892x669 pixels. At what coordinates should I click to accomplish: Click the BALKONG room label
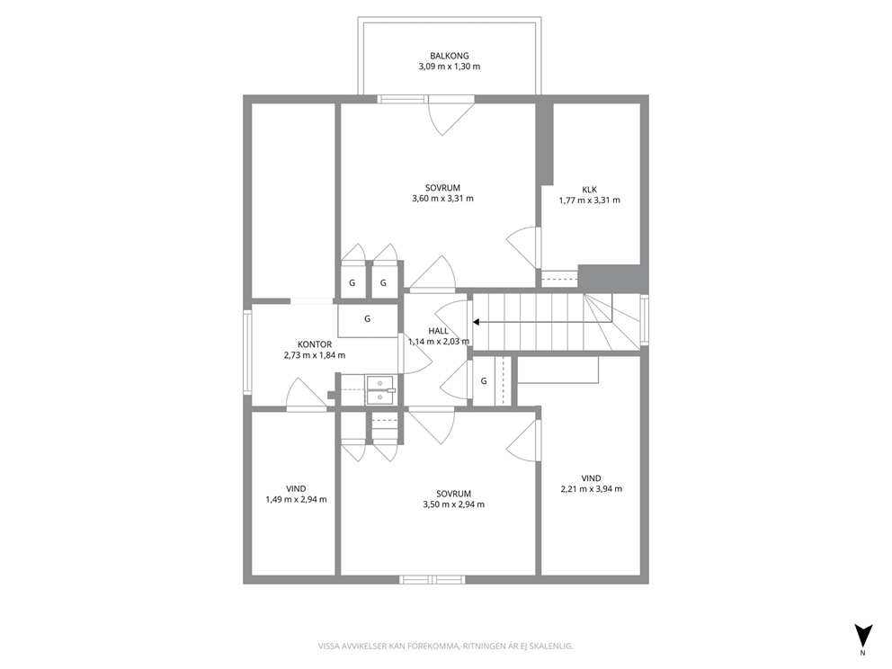[450, 56]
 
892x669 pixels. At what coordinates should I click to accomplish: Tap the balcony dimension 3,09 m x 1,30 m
[450, 67]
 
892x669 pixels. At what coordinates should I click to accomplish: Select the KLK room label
[589, 190]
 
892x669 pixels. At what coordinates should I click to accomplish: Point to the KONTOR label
[315, 344]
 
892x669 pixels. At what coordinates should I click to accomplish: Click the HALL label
[438, 331]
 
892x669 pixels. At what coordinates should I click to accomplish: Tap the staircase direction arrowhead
[477, 322]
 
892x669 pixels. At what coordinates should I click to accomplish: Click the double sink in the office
[380, 389]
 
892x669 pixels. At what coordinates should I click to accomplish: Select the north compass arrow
[863, 634]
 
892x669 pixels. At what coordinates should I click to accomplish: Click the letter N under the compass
[863, 653]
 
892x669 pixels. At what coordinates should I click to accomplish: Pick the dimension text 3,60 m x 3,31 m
[442, 199]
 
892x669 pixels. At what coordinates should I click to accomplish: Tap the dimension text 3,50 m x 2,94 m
[454, 504]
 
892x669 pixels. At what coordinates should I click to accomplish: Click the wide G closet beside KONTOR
[368, 321]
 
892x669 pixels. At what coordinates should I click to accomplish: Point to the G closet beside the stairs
[484, 381]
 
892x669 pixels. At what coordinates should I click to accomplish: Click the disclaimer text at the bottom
[445, 646]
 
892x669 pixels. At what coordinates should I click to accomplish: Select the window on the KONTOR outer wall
[247, 352]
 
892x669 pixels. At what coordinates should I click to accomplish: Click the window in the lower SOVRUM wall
[433, 580]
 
